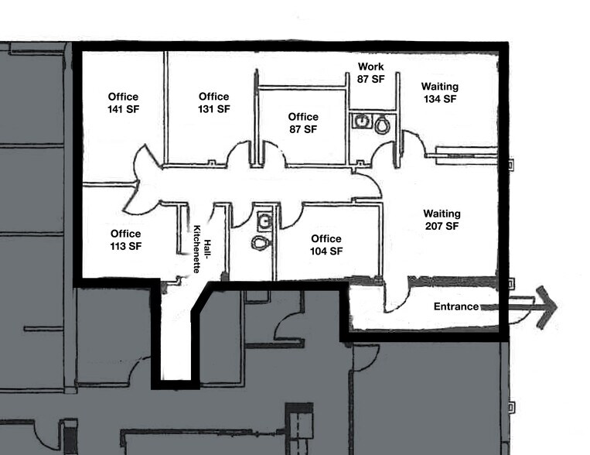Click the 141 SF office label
(x=123, y=103)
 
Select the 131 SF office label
(x=213, y=103)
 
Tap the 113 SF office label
(x=125, y=240)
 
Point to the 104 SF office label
(x=326, y=245)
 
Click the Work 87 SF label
(x=370, y=73)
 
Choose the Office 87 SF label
(x=302, y=123)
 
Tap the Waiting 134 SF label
(x=439, y=93)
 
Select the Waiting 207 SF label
(x=442, y=220)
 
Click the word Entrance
(x=455, y=306)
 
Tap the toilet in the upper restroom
(x=381, y=123)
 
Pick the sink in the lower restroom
(x=264, y=220)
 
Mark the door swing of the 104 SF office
(x=289, y=215)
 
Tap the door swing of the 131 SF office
(x=239, y=153)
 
